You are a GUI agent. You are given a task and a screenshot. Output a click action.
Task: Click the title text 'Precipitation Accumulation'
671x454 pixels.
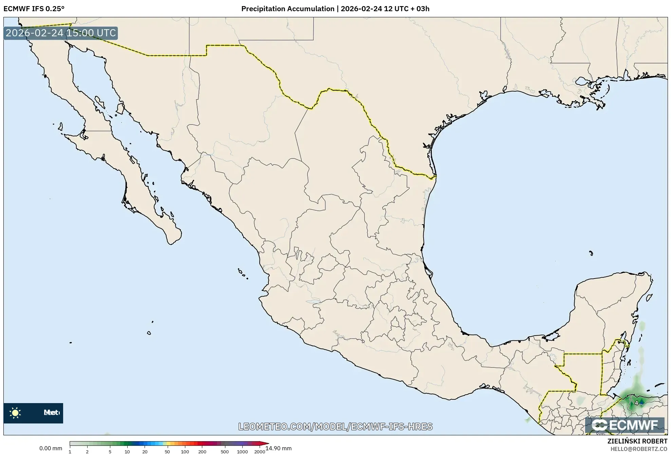287,9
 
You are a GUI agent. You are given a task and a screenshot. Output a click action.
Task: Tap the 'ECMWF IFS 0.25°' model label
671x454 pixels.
34,9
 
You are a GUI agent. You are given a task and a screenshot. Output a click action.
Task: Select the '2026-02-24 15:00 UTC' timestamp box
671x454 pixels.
61,33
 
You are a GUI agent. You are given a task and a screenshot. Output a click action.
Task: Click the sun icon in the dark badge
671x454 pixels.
15,413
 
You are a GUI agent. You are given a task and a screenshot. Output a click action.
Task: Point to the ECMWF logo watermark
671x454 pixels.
625,425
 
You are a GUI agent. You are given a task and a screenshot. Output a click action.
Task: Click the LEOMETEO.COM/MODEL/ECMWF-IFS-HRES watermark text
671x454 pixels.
335,427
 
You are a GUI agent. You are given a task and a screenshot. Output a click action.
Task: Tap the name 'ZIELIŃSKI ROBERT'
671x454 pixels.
637,441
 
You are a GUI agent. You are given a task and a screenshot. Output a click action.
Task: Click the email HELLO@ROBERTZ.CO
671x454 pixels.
639,449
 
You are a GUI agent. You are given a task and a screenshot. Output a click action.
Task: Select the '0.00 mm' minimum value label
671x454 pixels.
51,448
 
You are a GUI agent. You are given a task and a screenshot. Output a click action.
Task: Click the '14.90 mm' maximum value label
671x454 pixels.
278,448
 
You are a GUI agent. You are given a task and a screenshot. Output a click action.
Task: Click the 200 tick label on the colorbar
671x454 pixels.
202,452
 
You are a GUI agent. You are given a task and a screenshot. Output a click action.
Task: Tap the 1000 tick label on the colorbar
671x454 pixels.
242,452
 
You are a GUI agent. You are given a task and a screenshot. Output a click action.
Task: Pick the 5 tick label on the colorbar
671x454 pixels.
110,452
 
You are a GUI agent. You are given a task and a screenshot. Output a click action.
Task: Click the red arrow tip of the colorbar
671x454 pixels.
266,443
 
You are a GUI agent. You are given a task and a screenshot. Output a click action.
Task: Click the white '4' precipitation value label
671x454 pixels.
636,403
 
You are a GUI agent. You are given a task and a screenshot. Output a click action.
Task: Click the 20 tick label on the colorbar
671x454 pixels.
145,452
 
